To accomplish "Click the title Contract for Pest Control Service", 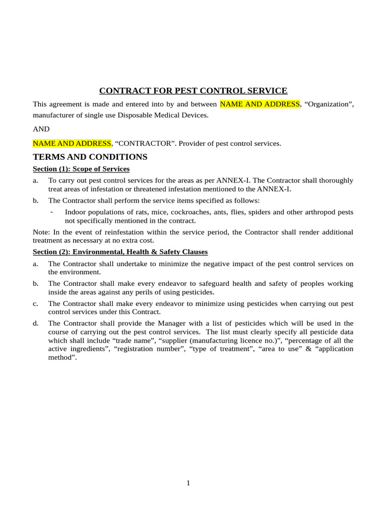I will click(193, 91).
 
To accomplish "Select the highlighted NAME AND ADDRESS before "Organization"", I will click(260, 104).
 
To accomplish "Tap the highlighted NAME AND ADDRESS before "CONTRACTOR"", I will click(72, 144).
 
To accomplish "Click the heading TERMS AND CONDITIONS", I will click(90, 157).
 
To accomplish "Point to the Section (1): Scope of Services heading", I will click(81, 169).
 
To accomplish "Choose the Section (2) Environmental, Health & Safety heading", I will click(120, 252).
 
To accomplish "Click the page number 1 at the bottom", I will click(188, 483).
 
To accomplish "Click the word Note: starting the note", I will click(41, 232).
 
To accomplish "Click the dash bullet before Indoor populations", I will click(52, 212).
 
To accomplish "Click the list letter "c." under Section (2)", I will click(35, 303).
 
